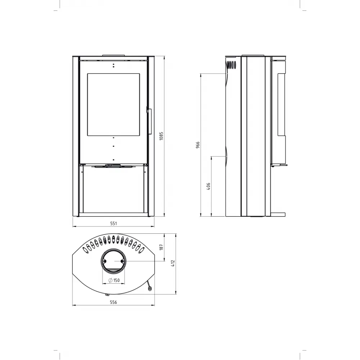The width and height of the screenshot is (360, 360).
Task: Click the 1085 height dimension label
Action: [161, 136]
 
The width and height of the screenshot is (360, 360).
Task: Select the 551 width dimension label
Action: [113, 224]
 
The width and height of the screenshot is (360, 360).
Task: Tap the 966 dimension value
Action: [198, 145]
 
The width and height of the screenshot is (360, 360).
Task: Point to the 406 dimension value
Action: [208, 186]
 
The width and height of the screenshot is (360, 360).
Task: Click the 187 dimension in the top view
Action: [161, 247]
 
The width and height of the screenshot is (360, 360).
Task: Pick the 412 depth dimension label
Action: [173, 263]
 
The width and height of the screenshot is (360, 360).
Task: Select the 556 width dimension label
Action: [113, 302]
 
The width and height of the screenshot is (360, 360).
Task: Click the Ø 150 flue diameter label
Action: [114, 280]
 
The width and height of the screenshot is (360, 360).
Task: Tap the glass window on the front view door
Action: [113, 104]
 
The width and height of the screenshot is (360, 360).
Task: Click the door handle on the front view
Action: [149, 121]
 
